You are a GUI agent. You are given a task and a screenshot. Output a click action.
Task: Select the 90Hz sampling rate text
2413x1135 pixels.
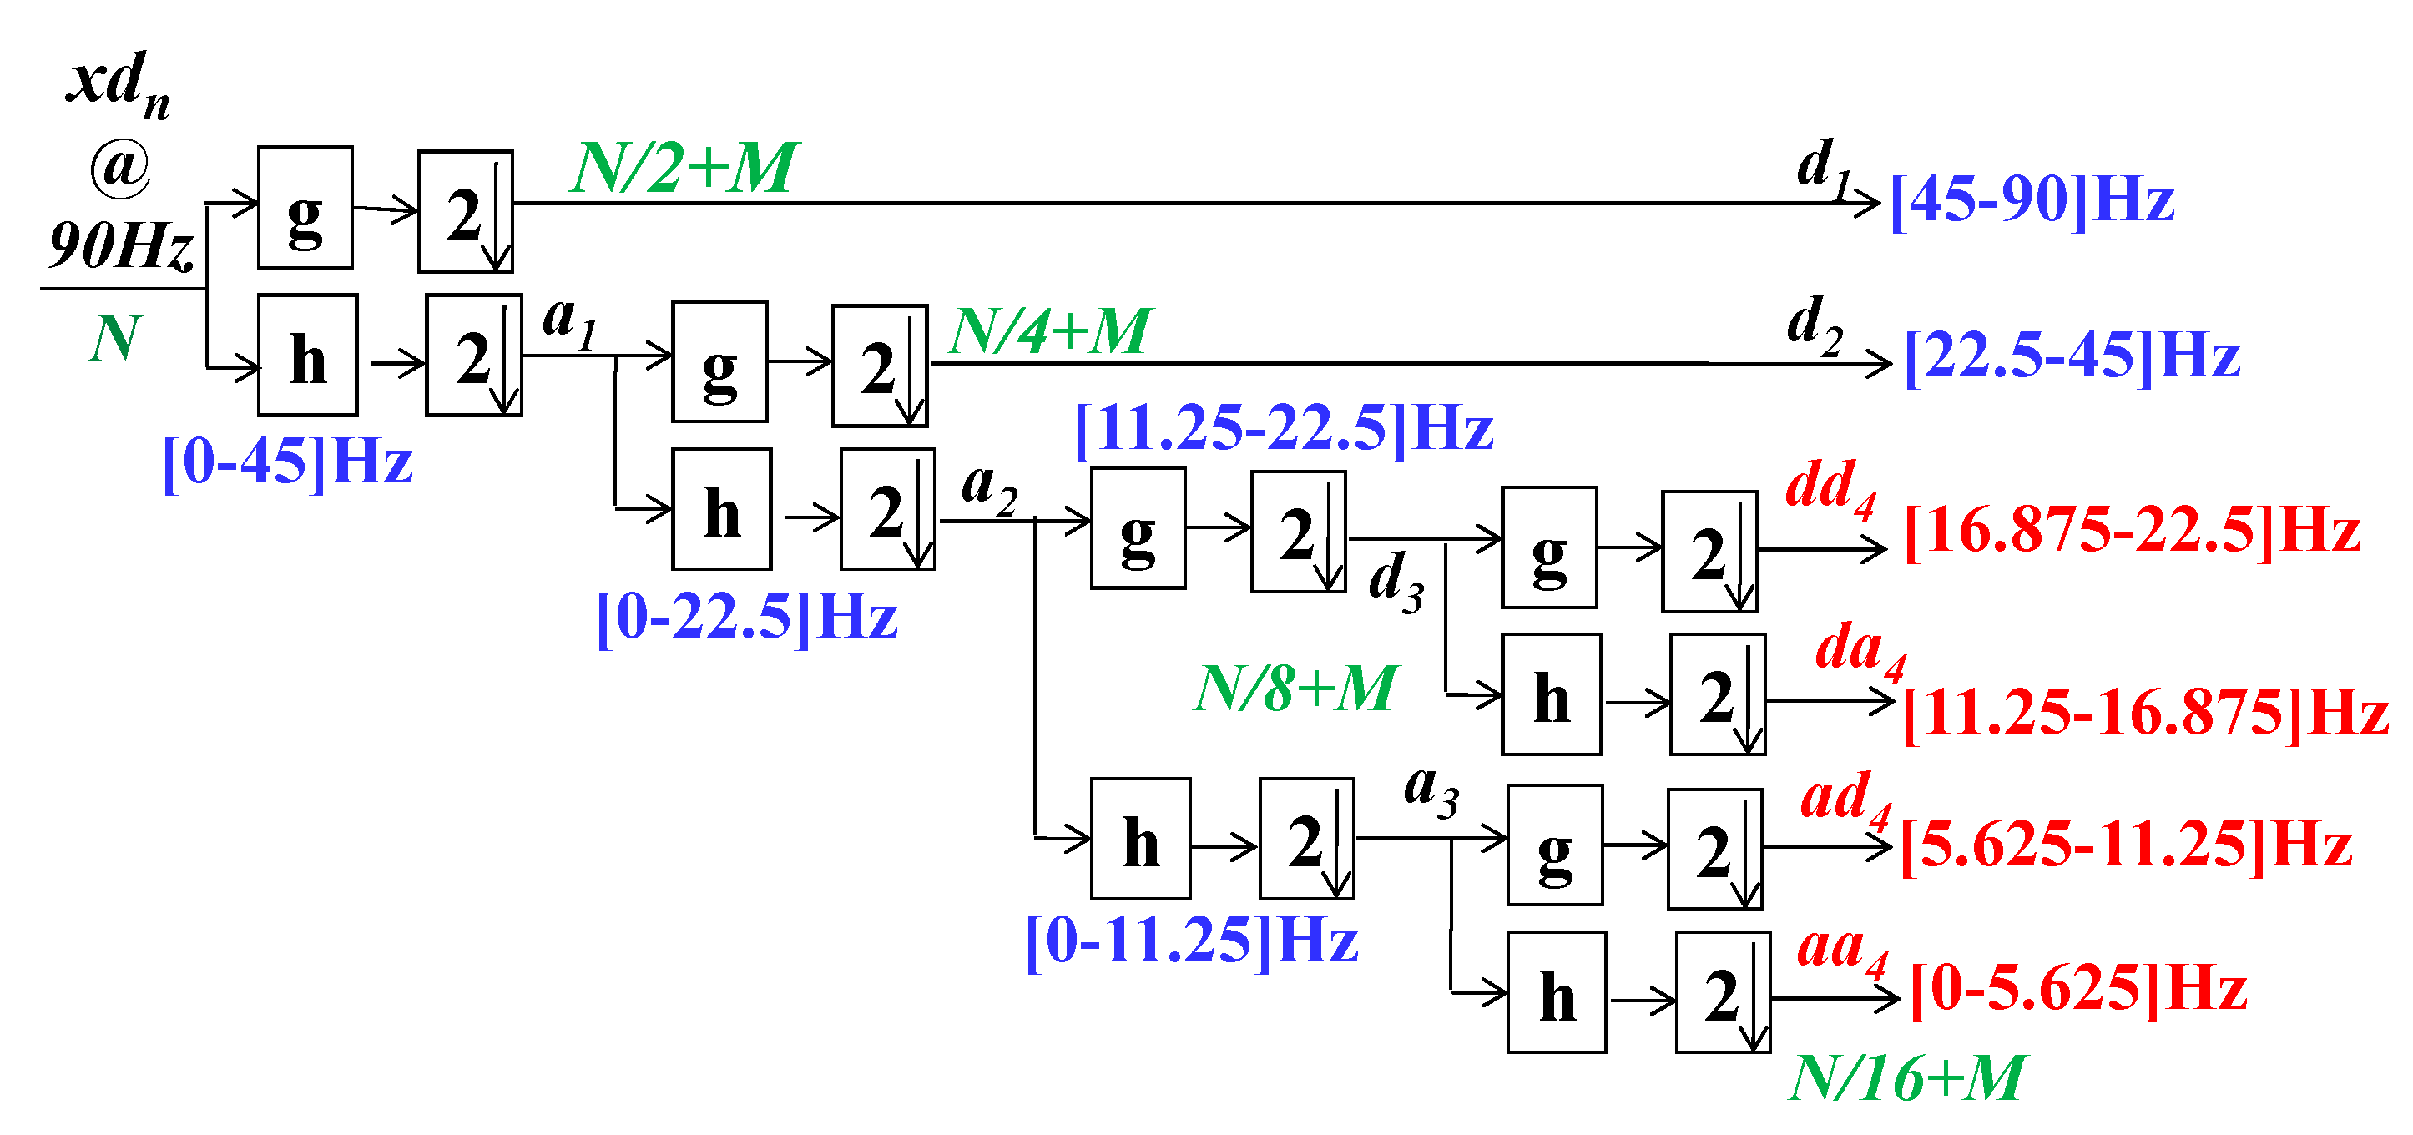click(x=121, y=246)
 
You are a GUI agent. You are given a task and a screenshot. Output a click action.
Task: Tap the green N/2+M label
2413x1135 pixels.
click(x=684, y=169)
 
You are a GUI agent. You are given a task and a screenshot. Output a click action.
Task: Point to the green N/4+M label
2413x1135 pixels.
click(x=1050, y=331)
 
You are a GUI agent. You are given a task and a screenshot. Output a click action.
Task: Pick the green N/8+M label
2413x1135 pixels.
click(x=1295, y=689)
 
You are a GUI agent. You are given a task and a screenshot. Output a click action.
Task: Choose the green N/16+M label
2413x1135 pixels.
click(x=1906, y=1079)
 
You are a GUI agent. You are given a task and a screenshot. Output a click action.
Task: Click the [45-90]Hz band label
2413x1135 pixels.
click(x=2032, y=200)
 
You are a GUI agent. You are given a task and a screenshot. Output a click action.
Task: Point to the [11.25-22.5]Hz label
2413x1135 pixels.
click(x=1284, y=430)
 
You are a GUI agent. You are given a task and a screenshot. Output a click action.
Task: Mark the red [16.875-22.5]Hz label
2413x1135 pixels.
click(x=2132, y=531)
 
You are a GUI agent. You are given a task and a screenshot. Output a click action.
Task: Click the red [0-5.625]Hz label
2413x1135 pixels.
click(x=2078, y=989)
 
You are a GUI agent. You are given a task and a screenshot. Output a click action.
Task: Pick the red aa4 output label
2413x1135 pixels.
click(x=1841, y=950)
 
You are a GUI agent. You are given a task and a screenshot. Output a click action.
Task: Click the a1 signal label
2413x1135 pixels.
click(x=569, y=320)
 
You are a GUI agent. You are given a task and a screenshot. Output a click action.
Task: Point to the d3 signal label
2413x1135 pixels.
click(x=1396, y=580)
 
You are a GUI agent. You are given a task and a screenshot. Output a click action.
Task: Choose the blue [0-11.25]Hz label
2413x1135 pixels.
click(x=1192, y=941)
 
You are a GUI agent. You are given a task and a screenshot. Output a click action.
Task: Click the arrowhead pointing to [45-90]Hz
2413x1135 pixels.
click(x=1870, y=202)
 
